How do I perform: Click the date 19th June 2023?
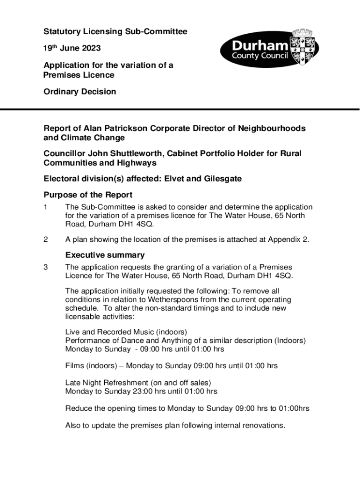[x=72, y=48]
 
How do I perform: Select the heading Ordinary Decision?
[x=79, y=92]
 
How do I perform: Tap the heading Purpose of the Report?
[x=88, y=195]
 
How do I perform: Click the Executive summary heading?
[x=105, y=255]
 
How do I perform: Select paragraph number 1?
[x=46, y=207]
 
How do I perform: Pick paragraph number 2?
[x=46, y=239]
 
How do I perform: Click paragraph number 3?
[x=46, y=267]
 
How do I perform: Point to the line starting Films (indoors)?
[x=171, y=366]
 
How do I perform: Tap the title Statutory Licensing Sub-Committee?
[x=115, y=32]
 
